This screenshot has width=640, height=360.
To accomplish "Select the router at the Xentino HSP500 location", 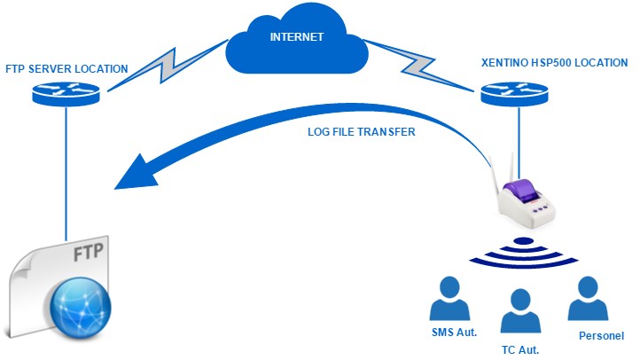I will click(517, 93).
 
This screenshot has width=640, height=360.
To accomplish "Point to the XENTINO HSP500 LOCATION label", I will click(542, 63).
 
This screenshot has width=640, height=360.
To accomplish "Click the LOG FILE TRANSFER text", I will click(360, 132).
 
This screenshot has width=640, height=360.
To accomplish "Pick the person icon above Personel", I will click(589, 300).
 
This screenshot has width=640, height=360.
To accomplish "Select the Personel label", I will click(601, 336).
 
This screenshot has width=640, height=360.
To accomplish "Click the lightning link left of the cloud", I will click(168, 67).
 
